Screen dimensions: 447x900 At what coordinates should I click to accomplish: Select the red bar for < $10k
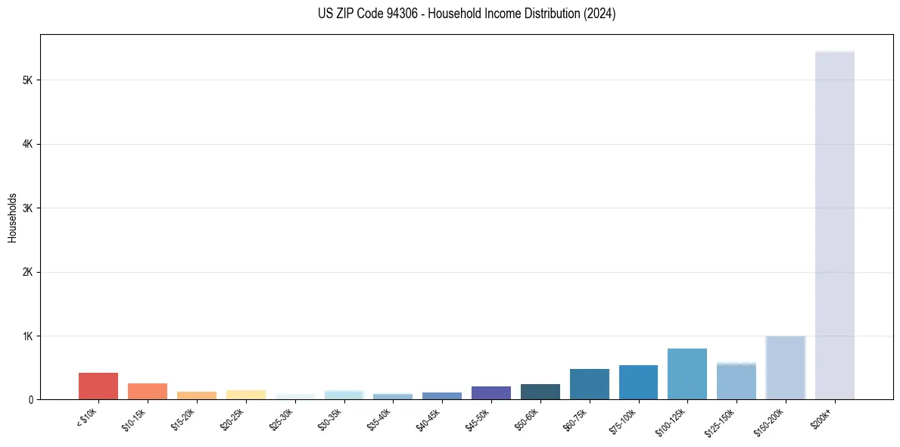pos(98,386)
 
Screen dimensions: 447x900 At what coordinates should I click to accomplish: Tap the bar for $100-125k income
pos(687,374)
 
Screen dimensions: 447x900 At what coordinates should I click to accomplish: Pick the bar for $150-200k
pos(785,367)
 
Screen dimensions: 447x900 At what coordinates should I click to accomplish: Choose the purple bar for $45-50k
pos(491,392)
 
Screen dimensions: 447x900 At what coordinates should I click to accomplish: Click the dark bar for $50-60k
pos(540,392)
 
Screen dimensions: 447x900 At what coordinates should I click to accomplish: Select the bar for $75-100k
pos(638,382)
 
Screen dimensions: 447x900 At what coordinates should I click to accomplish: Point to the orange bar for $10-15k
pos(148,391)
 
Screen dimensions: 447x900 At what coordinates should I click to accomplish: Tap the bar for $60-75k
pos(590,384)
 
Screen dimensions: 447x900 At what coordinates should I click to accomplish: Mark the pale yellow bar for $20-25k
pos(246,395)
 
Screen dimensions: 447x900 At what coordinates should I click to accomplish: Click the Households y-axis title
pos(12,217)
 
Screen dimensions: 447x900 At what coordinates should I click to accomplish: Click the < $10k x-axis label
pos(87,419)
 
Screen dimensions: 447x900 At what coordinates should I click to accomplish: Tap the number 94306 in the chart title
pos(396,14)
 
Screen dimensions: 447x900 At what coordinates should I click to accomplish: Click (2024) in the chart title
pos(599,14)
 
